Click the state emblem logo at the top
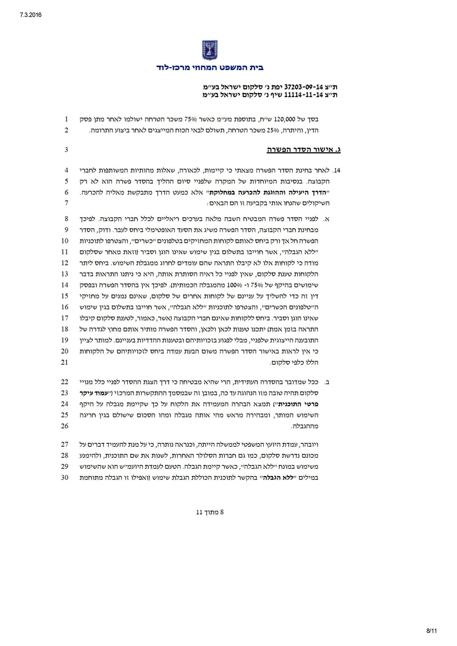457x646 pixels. (210, 50)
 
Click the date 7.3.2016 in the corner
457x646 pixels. (30, 15)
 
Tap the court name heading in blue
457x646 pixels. (210, 68)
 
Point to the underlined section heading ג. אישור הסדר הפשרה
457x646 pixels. (304, 150)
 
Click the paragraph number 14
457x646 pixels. (337, 171)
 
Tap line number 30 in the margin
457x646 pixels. (65, 478)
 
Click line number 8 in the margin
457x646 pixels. (66, 219)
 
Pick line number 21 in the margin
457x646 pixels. (65, 362)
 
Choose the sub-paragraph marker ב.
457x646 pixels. (327, 382)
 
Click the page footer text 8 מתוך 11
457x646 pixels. (210, 512)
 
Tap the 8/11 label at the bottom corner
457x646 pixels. (431, 631)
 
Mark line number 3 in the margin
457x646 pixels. (66, 150)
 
